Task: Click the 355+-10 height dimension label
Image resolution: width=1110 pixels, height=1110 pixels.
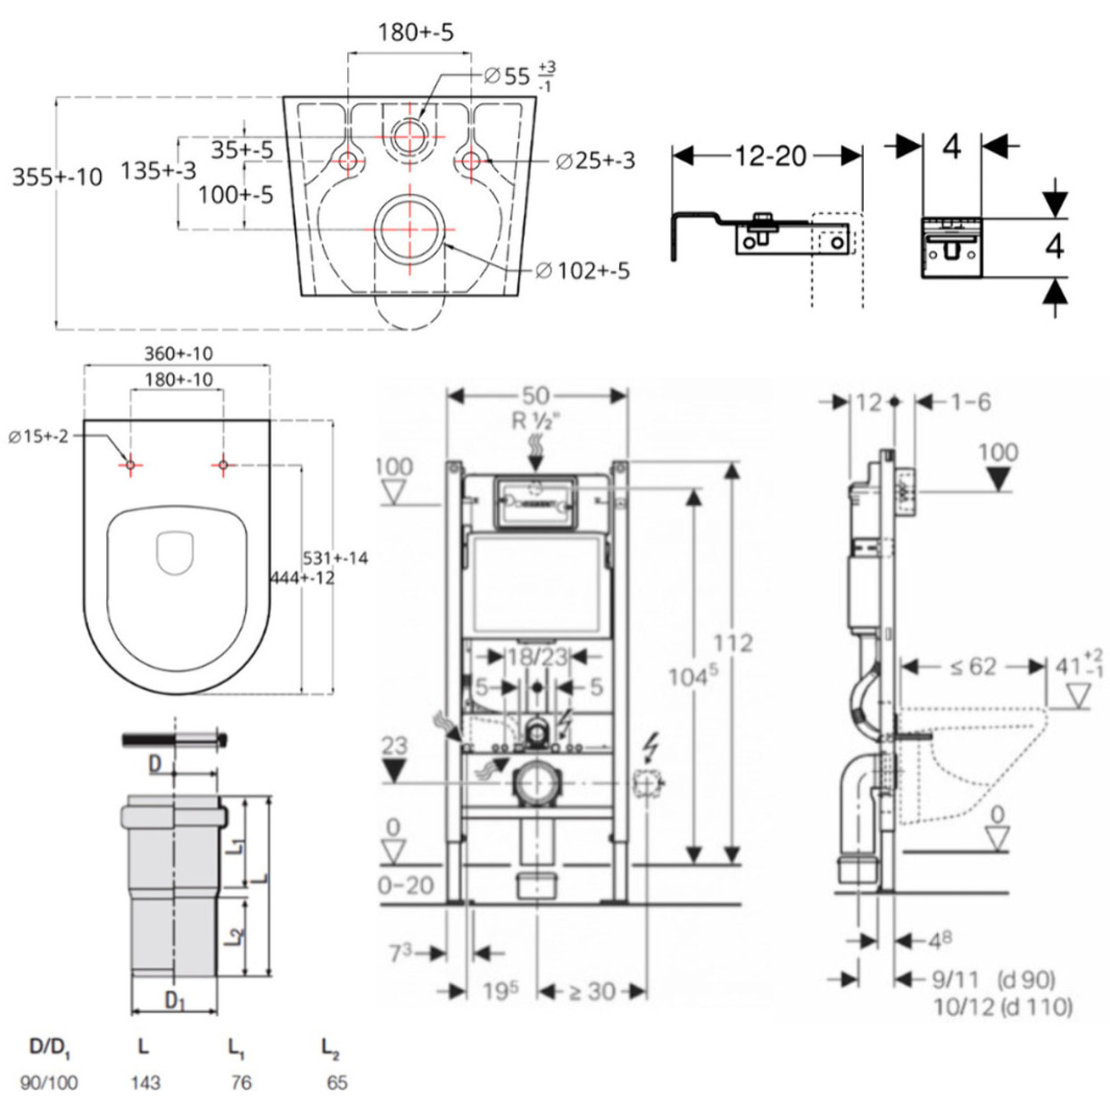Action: (57, 177)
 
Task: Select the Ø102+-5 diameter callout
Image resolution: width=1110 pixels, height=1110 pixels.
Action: (583, 269)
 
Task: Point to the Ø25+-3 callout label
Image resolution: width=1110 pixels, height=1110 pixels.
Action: (595, 161)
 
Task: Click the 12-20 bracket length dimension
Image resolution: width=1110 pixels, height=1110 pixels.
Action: (770, 156)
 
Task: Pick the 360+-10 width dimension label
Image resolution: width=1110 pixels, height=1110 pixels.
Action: (178, 353)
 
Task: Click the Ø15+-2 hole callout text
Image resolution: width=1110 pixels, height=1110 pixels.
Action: (38, 436)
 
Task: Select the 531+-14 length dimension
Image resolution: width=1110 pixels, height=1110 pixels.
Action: (335, 558)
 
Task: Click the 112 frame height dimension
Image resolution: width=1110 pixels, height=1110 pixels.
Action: (733, 642)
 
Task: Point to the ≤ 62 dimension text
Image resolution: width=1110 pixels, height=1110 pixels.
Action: (973, 667)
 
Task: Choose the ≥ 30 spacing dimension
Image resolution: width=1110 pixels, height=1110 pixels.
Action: (591, 991)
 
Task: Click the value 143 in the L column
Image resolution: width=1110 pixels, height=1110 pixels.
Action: (145, 1082)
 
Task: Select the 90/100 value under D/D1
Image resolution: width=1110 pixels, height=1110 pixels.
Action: (48, 1082)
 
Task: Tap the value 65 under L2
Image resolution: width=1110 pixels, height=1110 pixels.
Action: (336, 1082)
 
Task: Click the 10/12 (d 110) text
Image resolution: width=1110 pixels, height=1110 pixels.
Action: (1003, 1007)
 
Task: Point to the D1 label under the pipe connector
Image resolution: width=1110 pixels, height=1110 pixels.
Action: (175, 1001)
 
